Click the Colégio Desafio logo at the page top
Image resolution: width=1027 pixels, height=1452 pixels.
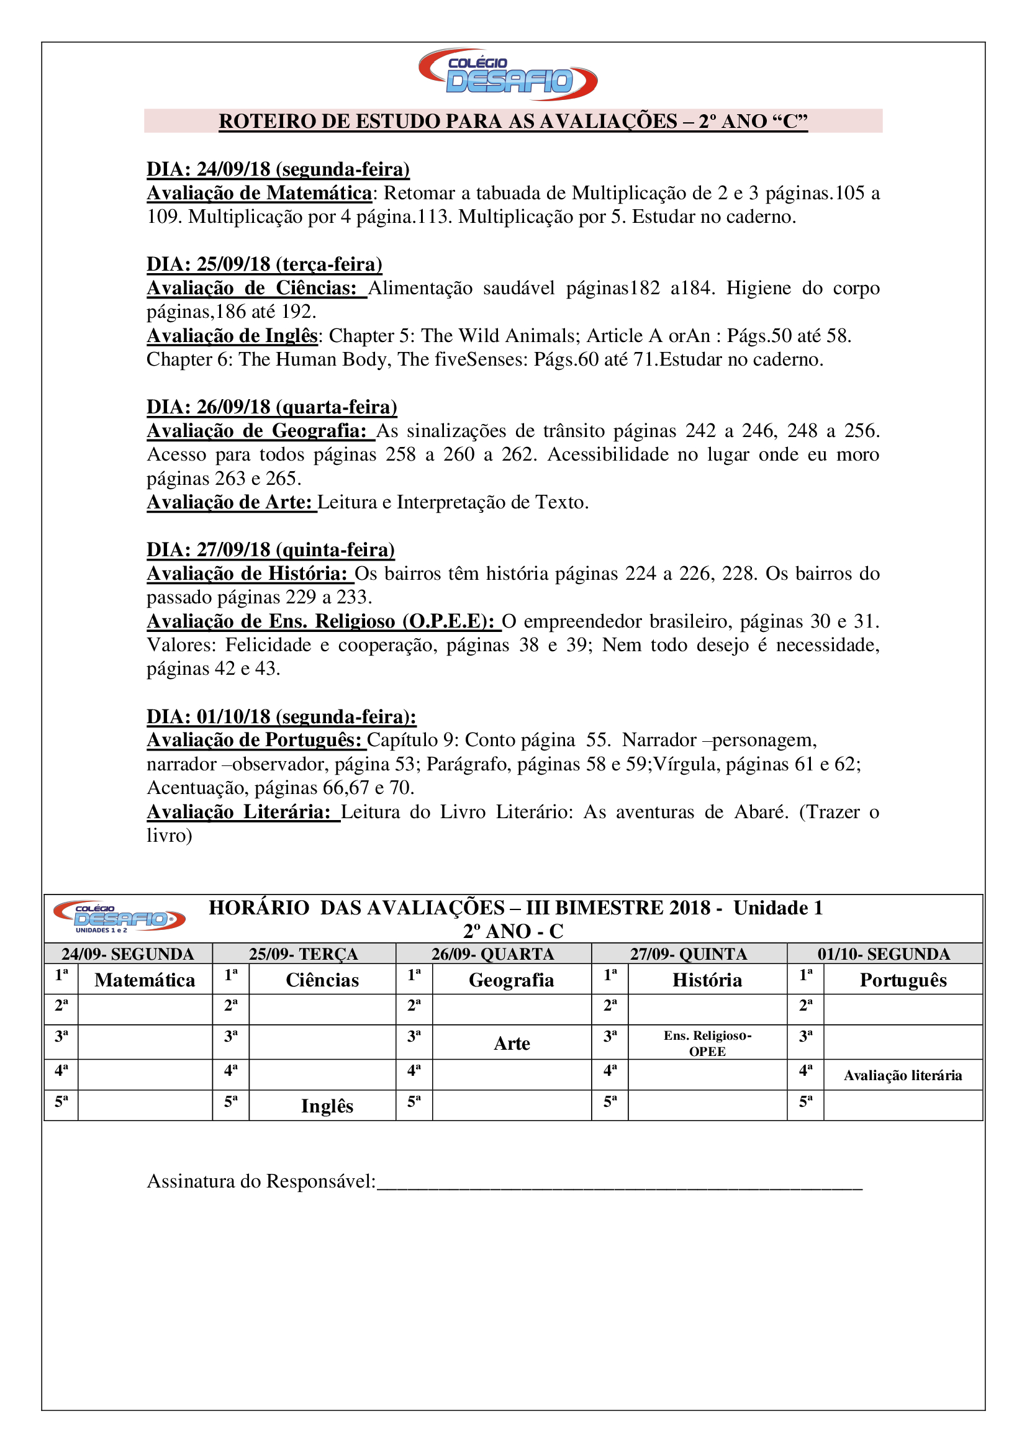pyautogui.click(x=508, y=74)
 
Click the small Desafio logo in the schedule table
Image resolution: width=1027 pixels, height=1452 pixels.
pyautogui.click(x=119, y=916)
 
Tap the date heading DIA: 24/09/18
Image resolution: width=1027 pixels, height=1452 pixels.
pyautogui.click(x=278, y=169)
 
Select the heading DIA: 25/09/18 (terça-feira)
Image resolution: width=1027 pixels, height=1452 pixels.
pyautogui.click(x=265, y=264)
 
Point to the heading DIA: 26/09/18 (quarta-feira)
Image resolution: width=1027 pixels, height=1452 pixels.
pyautogui.click(x=271, y=407)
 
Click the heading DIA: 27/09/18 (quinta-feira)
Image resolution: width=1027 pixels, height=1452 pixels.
pyautogui.click(x=270, y=549)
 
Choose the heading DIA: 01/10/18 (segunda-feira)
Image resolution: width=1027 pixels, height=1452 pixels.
pyautogui.click(x=281, y=716)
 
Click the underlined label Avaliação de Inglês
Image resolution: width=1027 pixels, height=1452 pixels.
pyautogui.click(x=232, y=336)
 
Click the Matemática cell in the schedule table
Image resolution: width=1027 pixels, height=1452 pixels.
pyautogui.click(x=145, y=980)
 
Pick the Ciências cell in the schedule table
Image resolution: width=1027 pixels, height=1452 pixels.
pyautogui.click(x=322, y=980)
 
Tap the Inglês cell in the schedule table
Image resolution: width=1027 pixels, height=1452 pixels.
pyautogui.click(x=327, y=1106)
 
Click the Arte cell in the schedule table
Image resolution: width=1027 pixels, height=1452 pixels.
pyautogui.click(x=512, y=1044)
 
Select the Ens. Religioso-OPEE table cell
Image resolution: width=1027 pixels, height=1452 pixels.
pyautogui.click(x=707, y=1044)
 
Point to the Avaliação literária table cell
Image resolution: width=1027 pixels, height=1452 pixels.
pyautogui.click(x=902, y=1076)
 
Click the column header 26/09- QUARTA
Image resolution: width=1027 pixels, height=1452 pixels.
pyautogui.click(x=492, y=954)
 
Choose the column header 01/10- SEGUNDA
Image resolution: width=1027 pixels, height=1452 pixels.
pyautogui.click(x=884, y=954)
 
